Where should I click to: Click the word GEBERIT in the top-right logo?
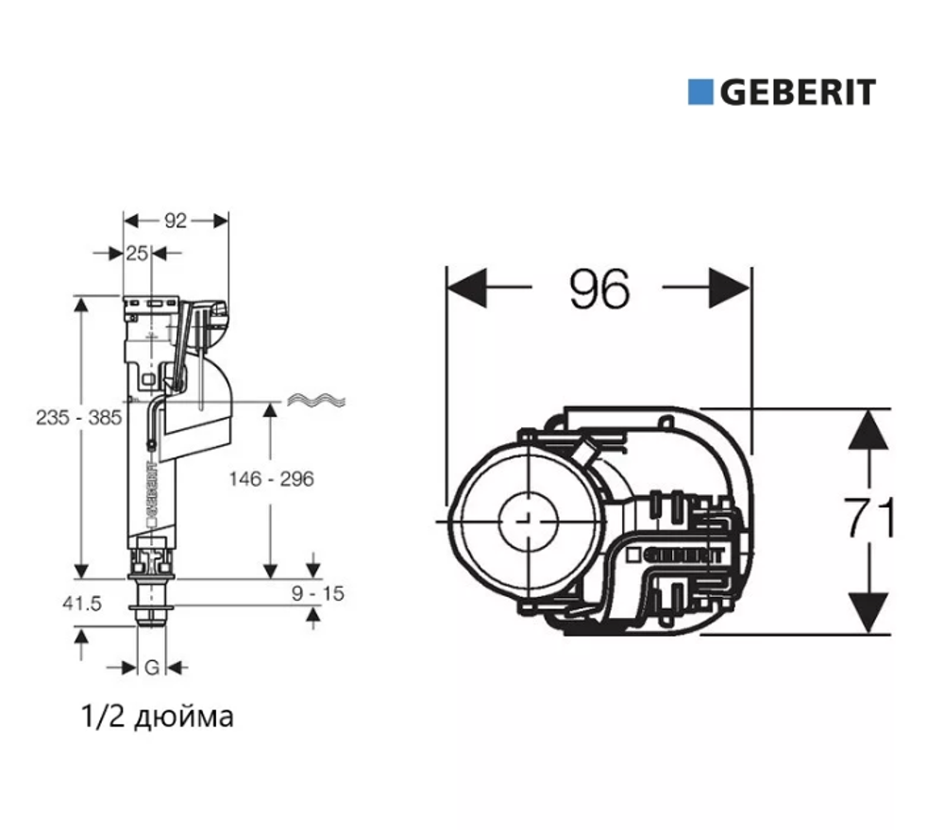click(799, 92)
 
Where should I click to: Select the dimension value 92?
click(176, 221)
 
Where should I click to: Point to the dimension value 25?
click(138, 253)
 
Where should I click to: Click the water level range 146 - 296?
click(271, 479)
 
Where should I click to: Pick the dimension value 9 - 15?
click(318, 593)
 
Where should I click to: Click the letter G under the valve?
click(151, 668)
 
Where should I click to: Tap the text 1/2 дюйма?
click(158, 718)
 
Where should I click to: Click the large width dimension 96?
click(599, 287)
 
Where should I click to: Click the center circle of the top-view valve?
click(527, 520)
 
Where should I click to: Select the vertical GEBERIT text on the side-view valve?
click(149, 496)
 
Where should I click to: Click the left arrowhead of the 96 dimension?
click(466, 287)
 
